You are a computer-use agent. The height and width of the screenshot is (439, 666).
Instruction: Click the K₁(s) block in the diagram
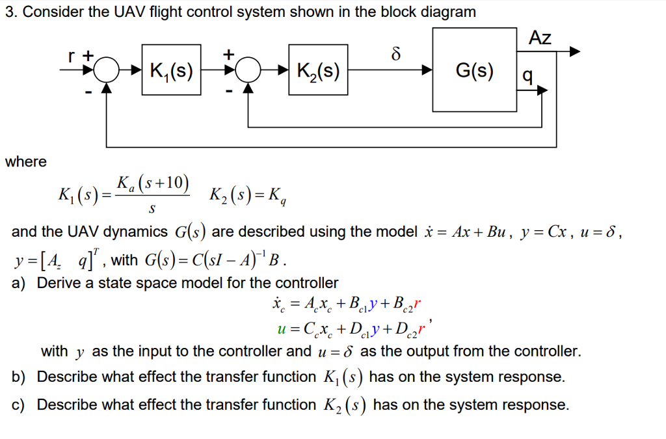point(171,70)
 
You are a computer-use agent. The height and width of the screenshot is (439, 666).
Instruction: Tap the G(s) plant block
point(475,70)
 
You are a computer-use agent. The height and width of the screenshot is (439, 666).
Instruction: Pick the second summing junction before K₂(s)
point(248,70)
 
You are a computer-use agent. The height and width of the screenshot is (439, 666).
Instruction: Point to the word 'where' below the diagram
point(25,161)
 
